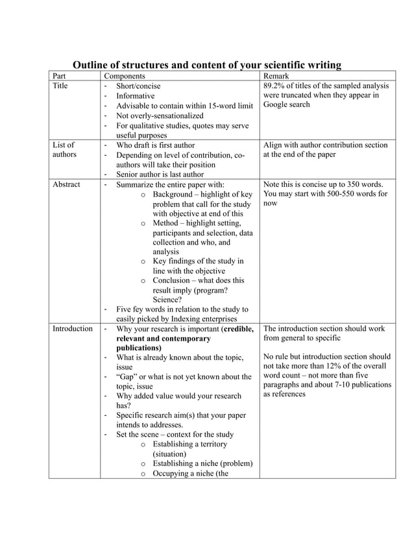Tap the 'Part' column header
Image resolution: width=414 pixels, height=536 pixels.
pos(60,76)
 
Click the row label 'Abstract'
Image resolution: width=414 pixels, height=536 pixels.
pos(66,184)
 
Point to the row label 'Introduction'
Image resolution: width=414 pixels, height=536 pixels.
pos(72,329)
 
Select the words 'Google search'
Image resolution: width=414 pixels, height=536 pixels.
pos(287,105)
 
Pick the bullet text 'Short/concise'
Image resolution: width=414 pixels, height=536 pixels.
pos(138,86)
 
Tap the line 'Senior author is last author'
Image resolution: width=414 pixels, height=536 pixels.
pos(159,175)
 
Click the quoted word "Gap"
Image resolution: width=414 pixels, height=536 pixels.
pos(128,376)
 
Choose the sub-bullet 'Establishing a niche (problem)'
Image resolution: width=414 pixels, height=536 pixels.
pos(202,463)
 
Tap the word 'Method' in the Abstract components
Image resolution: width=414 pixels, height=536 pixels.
pos(166,223)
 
